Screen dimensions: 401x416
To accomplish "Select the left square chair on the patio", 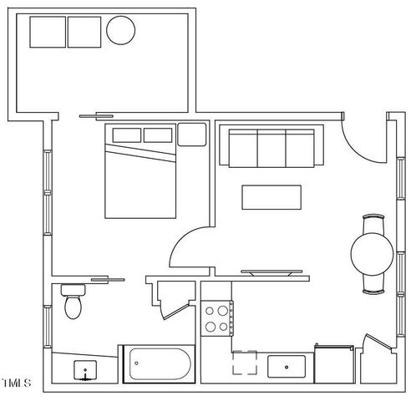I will pyautogui.click(x=48, y=33).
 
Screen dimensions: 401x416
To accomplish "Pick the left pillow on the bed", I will pyautogui.click(x=124, y=135).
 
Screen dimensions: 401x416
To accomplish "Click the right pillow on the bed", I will pyautogui.click(x=160, y=135).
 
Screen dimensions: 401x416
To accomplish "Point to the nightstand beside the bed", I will pyautogui.click(x=192, y=134).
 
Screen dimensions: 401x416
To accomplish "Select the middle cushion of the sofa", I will pyautogui.click(x=271, y=148).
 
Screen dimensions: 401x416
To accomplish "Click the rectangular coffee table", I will pyautogui.click(x=271, y=196).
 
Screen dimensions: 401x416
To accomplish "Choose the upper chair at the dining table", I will pyautogui.click(x=373, y=224).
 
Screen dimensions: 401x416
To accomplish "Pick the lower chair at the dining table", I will pyautogui.click(x=373, y=285).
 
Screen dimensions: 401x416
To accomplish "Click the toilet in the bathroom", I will pyautogui.click(x=74, y=302).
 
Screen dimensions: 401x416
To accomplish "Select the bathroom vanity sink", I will pyautogui.click(x=84, y=368).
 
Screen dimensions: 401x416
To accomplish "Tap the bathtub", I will pyautogui.click(x=158, y=364).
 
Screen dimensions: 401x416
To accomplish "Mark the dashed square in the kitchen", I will pyautogui.click(x=246, y=364).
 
